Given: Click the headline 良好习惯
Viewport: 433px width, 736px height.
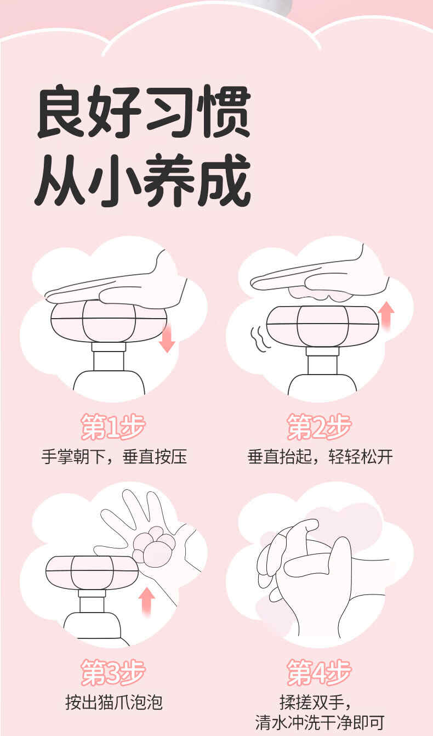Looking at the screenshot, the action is (x=144, y=112).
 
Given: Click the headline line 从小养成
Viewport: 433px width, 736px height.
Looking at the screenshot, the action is (x=143, y=180).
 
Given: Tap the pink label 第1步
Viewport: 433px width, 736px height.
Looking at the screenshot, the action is (x=113, y=427).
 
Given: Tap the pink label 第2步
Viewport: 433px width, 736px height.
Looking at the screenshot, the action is (x=319, y=427).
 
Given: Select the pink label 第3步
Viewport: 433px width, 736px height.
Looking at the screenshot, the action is (x=113, y=672).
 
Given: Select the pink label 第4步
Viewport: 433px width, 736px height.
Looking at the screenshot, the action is (x=319, y=672).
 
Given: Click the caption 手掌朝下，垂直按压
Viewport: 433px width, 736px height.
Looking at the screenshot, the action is (x=114, y=457).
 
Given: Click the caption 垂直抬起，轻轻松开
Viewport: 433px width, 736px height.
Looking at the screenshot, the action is (x=320, y=457).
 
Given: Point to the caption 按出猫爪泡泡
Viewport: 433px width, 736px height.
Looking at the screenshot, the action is (x=114, y=703).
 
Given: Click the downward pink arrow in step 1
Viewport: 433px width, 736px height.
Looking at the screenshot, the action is (x=167, y=338).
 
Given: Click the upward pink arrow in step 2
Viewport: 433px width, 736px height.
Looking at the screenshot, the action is (x=386, y=316).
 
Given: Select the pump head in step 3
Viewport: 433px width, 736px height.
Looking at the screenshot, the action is (x=92, y=573).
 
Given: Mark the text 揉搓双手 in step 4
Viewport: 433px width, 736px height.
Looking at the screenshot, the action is (x=311, y=703).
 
